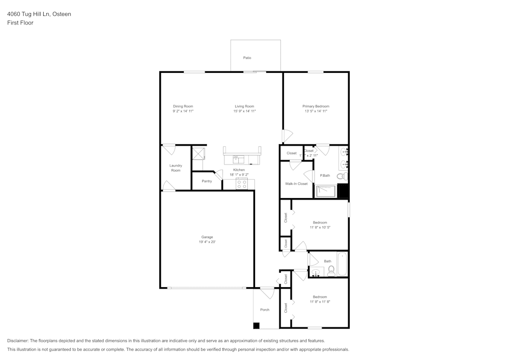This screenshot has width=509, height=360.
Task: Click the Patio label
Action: pos(247,58)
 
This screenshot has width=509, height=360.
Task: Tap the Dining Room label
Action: pos(183,106)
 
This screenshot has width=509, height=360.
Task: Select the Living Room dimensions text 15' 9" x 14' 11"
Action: pos(244,111)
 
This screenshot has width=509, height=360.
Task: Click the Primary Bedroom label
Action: pos(316,106)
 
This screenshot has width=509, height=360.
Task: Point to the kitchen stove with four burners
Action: pos(242,184)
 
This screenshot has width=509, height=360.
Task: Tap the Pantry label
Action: pos(207,181)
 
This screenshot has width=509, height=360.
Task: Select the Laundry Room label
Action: pos(176,168)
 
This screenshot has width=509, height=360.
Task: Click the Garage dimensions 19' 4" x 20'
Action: pos(207,242)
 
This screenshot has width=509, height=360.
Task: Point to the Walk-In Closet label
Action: pos(296,183)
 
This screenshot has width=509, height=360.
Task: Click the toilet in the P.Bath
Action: pos(342,176)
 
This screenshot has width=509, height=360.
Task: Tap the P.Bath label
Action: pos(325,176)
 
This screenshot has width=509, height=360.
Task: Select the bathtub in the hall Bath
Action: pos(342,264)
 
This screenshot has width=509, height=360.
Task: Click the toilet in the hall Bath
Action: pos(330,270)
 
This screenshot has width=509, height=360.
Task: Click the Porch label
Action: pos(265,310)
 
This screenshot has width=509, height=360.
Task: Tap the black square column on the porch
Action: pos(257,325)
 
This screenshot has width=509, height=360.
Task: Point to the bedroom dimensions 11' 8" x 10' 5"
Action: pos(320,228)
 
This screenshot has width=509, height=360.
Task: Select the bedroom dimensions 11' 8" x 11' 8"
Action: pos(320,302)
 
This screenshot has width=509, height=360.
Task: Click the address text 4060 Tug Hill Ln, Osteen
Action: pos(39,14)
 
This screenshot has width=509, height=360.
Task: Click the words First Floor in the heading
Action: pos(20,23)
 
